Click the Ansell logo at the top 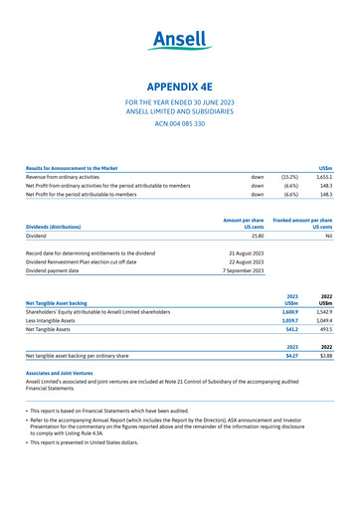180,42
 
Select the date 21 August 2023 243,254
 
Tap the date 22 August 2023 243,261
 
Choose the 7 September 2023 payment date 243,270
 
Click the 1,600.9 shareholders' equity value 288,312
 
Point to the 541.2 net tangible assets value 291,331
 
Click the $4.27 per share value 291,355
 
